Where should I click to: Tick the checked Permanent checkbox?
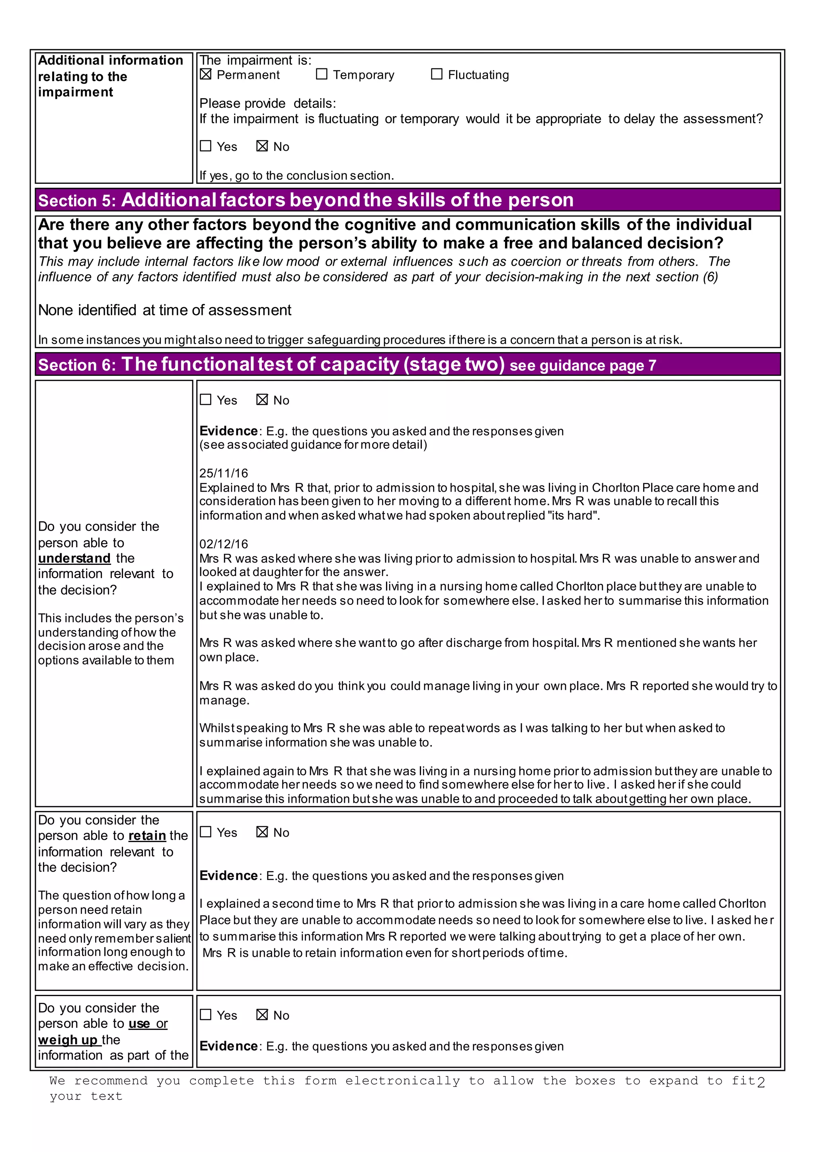[x=205, y=74]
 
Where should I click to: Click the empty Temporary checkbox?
[x=322, y=74]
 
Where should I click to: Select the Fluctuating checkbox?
[x=437, y=74]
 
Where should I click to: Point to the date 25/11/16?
[x=223, y=473]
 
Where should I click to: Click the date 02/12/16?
[x=223, y=544]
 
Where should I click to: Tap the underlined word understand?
[x=74, y=558]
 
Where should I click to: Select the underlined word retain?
[x=147, y=835]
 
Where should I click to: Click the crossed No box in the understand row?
[x=262, y=399]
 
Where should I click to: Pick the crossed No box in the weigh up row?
[x=262, y=1014]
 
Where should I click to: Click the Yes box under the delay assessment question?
[x=205, y=146]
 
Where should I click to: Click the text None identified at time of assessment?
[x=165, y=310]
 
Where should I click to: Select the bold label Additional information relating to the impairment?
[x=110, y=76]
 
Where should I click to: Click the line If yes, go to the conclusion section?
[x=296, y=175]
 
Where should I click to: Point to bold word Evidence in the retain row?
[x=228, y=876]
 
